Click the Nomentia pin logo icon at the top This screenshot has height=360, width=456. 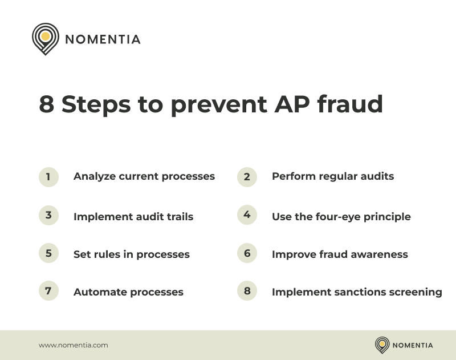(46, 39)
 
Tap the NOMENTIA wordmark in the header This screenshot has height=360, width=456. (103, 39)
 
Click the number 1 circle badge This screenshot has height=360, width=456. (48, 177)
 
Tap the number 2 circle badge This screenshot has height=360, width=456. (247, 177)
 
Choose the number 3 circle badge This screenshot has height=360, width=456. (48, 215)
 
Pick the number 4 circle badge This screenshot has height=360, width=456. (247, 215)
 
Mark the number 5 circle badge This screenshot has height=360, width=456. (48, 253)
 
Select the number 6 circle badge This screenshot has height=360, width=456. (247, 253)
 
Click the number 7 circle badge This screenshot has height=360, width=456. (48, 291)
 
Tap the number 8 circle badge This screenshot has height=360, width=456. (247, 291)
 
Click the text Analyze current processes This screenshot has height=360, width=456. (144, 176)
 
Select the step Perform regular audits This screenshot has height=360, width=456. (333, 176)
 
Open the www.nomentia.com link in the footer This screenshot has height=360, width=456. (73, 345)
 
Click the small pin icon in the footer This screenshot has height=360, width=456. (382, 345)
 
